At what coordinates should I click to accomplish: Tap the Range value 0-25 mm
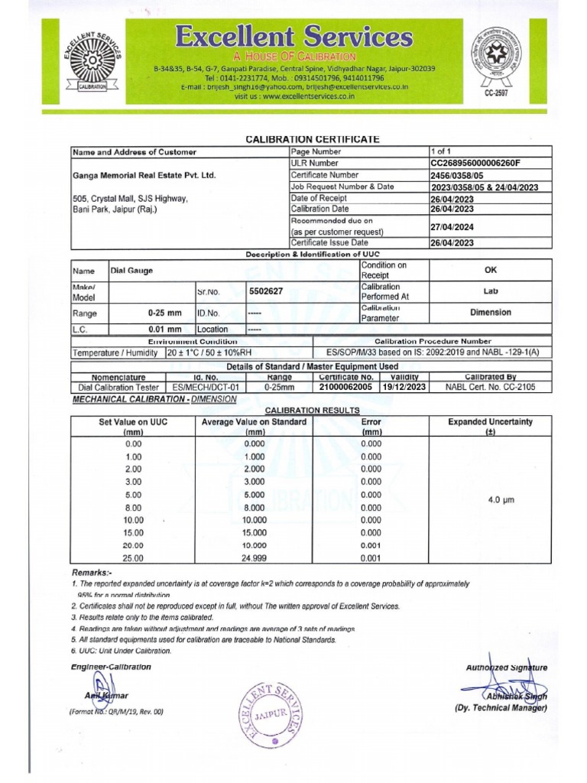165,313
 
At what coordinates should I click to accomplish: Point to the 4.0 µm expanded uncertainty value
501,499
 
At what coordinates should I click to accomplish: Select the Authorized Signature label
506,668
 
